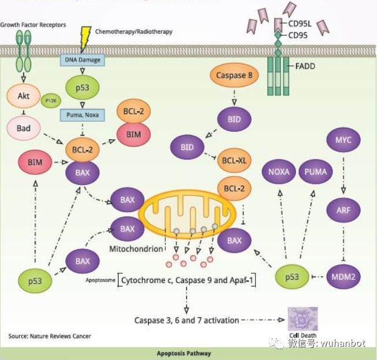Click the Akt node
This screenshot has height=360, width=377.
point(23,97)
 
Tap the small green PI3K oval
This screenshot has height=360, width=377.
point(50,101)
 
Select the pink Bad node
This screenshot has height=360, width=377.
point(23,128)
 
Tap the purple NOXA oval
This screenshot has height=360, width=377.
point(279,172)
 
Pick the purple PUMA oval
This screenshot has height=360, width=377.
point(316,172)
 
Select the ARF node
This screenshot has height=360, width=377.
point(343,210)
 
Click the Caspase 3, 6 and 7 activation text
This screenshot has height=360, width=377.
point(186,320)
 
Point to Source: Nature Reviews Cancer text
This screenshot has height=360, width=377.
point(49,336)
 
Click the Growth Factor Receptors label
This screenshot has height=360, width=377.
point(33,25)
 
